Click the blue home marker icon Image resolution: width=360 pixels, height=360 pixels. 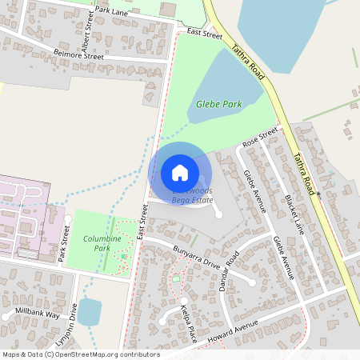pos(180,172)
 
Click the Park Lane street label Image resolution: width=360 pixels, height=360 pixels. pos(110,12)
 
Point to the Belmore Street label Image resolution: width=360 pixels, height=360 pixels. pos(78,56)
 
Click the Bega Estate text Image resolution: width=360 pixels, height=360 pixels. pos(192,202)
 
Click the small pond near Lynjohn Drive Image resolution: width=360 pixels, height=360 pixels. pos(90,313)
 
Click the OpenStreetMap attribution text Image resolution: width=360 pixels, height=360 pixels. pos(81,354)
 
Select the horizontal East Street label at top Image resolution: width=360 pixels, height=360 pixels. pos(204,34)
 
